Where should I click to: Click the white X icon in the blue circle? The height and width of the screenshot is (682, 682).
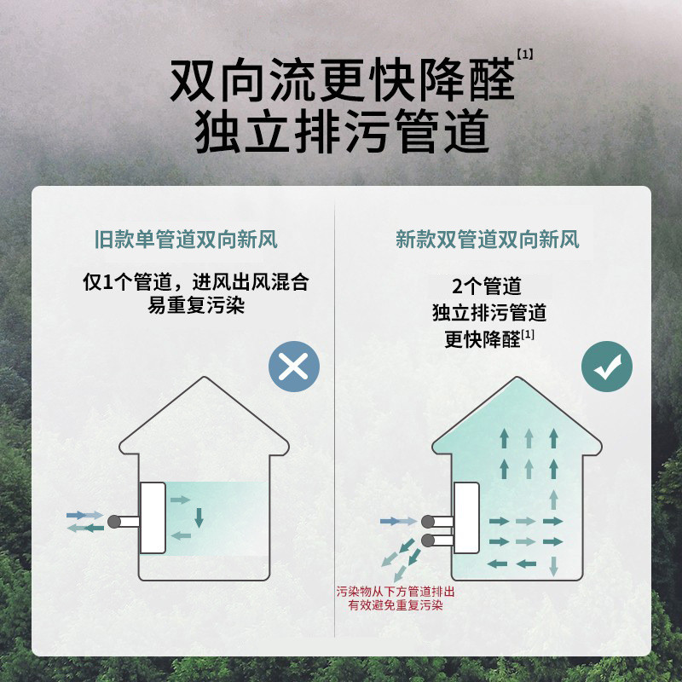pos(293,367)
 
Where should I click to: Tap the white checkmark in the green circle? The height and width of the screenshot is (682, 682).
pos(607,367)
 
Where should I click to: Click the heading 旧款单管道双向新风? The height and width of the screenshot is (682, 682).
pos(186,240)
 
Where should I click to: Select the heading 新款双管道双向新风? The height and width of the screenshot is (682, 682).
pos(488,240)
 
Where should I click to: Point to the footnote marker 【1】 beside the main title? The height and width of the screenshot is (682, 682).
pos(525,54)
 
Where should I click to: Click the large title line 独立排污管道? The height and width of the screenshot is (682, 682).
pos(343,133)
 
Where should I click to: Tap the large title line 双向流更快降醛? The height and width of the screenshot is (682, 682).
pos(343,82)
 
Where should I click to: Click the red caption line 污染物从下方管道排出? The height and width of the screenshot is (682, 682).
pos(396,592)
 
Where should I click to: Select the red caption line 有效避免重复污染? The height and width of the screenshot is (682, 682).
pos(396,606)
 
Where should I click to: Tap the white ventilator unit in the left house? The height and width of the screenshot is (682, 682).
pos(153,517)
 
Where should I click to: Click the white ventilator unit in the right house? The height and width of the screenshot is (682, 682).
pos(467,517)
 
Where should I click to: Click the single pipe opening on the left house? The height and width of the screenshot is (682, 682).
pos(112,521)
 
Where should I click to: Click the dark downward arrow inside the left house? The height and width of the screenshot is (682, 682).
pos(199,517)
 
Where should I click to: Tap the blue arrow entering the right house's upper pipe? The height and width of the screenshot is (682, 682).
pos(393,520)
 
